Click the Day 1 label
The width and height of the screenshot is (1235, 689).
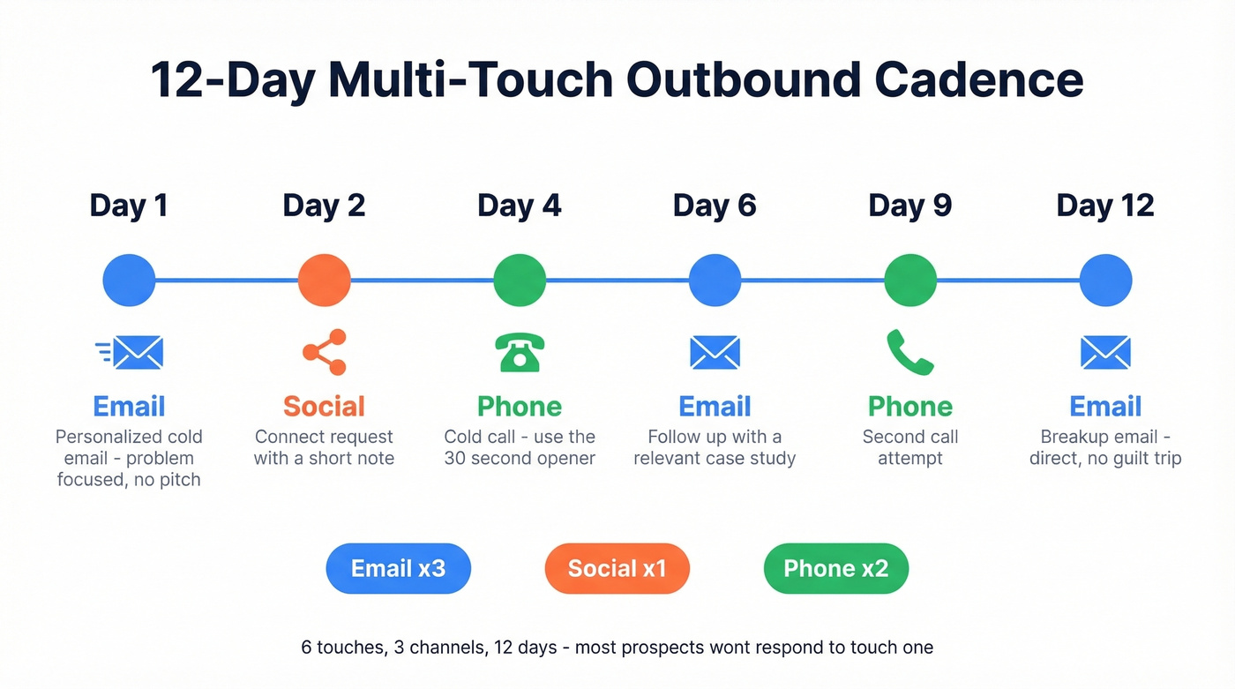point(129,206)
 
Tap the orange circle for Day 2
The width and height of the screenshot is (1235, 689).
point(325,281)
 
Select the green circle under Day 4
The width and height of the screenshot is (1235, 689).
point(520,281)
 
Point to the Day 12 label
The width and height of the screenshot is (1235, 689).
point(1105,206)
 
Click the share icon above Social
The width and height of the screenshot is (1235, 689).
point(325,352)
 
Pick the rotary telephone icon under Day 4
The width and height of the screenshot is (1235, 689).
point(520,352)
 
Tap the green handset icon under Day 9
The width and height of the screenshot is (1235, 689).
point(909,352)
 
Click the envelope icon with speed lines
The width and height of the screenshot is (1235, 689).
point(130,352)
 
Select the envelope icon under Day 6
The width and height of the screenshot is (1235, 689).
point(715,352)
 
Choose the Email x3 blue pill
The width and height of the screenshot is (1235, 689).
point(398,568)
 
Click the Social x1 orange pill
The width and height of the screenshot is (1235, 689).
point(617,568)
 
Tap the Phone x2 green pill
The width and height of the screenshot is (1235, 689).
point(835,568)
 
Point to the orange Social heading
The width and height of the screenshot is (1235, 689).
point(324,406)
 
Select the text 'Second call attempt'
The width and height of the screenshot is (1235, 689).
point(909,447)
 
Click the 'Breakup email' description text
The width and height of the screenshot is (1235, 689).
point(1105,447)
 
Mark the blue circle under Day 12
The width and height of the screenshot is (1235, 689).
point(1105,281)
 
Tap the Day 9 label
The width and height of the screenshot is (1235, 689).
point(909,206)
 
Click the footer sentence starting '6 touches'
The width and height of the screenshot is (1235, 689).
point(617,648)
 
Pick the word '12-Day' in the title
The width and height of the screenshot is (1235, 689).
point(232,79)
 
